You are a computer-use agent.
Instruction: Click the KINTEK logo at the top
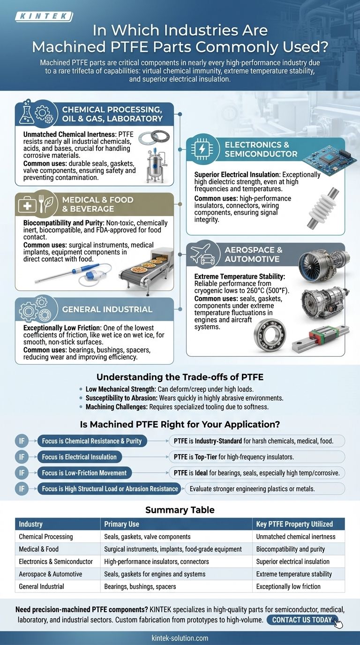(x=44, y=17)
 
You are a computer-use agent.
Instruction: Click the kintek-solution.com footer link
(x=180, y=638)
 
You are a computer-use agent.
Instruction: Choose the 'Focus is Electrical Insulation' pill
(x=79, y=457)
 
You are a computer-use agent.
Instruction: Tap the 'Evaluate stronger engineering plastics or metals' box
(x=265, y=489)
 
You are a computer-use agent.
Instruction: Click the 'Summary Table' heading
(x=180, y=510)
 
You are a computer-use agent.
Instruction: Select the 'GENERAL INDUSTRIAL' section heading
(x=108, y=309)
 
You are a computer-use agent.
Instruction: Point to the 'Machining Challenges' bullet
(x=177, y=407)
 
